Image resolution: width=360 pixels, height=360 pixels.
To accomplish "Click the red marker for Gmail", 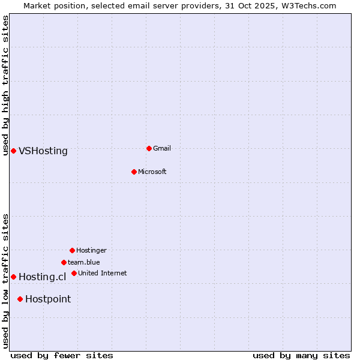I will tap(149, 148).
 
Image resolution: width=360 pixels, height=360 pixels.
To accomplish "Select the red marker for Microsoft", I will tap(134, 172).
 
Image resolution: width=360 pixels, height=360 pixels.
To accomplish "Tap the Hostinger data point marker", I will tap(72, 250).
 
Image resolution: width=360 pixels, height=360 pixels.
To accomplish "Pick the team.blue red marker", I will tap(64, 262).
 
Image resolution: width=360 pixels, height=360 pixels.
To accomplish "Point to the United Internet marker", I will tap(74, 273).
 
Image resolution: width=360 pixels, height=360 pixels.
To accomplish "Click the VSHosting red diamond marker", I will tap(13, 151).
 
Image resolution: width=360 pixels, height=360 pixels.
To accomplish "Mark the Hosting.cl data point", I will tap(13, 277).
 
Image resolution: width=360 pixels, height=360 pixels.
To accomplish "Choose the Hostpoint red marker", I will tap(20, 299).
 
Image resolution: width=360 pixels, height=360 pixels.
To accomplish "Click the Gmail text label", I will tap(162, 148).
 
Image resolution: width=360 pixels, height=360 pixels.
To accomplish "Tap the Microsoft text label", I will tap(152, 172).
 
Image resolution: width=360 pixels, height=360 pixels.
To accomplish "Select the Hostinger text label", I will tap(91, 250).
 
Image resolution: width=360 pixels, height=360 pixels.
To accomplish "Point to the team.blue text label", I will tap(84, 262).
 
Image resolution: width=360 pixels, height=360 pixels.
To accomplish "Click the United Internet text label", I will tap(103, 273).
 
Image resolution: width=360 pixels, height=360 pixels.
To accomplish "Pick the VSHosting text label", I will tap(43, 151).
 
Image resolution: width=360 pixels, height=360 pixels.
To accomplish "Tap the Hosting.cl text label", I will tap(42, 277).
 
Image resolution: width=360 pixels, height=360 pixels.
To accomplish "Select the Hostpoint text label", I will tap(48, 299).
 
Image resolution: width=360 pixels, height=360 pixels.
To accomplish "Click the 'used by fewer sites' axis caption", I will tap(62, 355).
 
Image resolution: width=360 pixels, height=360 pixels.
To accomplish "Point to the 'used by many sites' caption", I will tap(301, 355).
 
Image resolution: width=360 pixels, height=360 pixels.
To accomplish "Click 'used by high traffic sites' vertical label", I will tap(6, 85).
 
